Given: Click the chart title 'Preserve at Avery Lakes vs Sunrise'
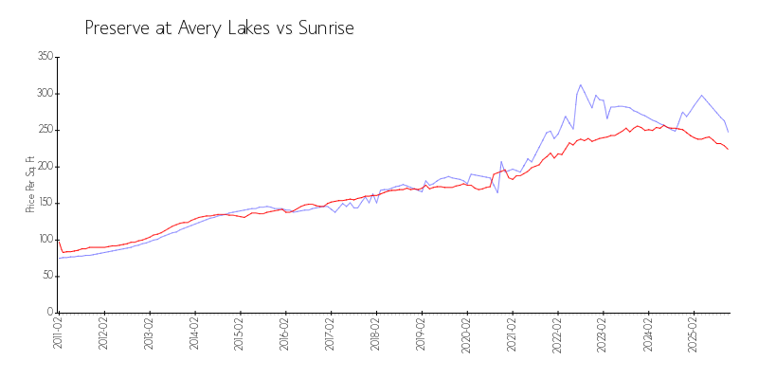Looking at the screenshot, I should (x=219, y=28).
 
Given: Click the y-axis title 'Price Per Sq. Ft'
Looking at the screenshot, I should (x=30, y=184).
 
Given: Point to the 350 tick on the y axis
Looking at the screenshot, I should (x=44, y=57).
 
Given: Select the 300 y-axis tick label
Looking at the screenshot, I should (x=44, y=94).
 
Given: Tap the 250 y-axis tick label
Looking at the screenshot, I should (x=44, y=130).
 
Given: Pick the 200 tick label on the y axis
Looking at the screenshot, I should (x=44, y=167).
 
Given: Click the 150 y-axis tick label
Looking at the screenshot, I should (x=44, y=203).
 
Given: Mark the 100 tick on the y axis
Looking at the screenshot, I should (x=44, y=240).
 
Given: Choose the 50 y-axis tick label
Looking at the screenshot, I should (x=46, y=276).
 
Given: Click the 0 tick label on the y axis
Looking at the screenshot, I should (x=49, y=312).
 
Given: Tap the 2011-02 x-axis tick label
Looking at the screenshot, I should (x=58, y=334).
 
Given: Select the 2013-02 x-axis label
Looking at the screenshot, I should (x=149, y=334).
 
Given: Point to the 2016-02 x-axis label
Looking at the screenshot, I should (x=285, y=334).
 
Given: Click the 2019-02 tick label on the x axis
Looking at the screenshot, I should (x=422, y=334).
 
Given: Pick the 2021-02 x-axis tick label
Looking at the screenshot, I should (x=513, y=334).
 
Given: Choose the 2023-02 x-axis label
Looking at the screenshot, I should (x=604, y=334).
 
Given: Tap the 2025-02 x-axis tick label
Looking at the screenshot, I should (x=695, y=334).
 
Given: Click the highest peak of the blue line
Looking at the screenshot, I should (x=581, y=84).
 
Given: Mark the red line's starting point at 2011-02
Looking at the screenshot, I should (x=58, y=240).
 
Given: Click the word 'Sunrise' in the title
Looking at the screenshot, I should (x=325, y=28).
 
